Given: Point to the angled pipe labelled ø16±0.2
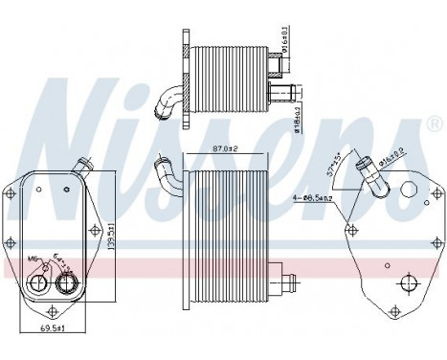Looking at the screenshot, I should click(x=368, y=174).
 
